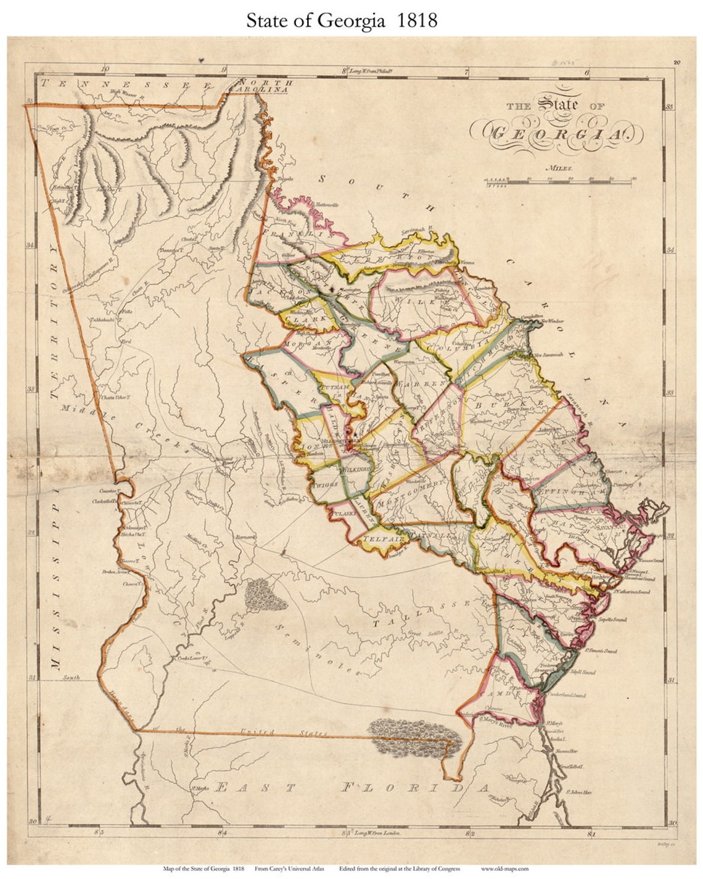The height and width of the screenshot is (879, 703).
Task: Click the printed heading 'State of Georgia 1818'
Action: click(x=342, y=20)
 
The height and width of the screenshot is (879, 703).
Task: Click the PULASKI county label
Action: click(x=343, y=513)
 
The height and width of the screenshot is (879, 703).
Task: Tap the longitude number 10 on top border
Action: click(x=105, y=70)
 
